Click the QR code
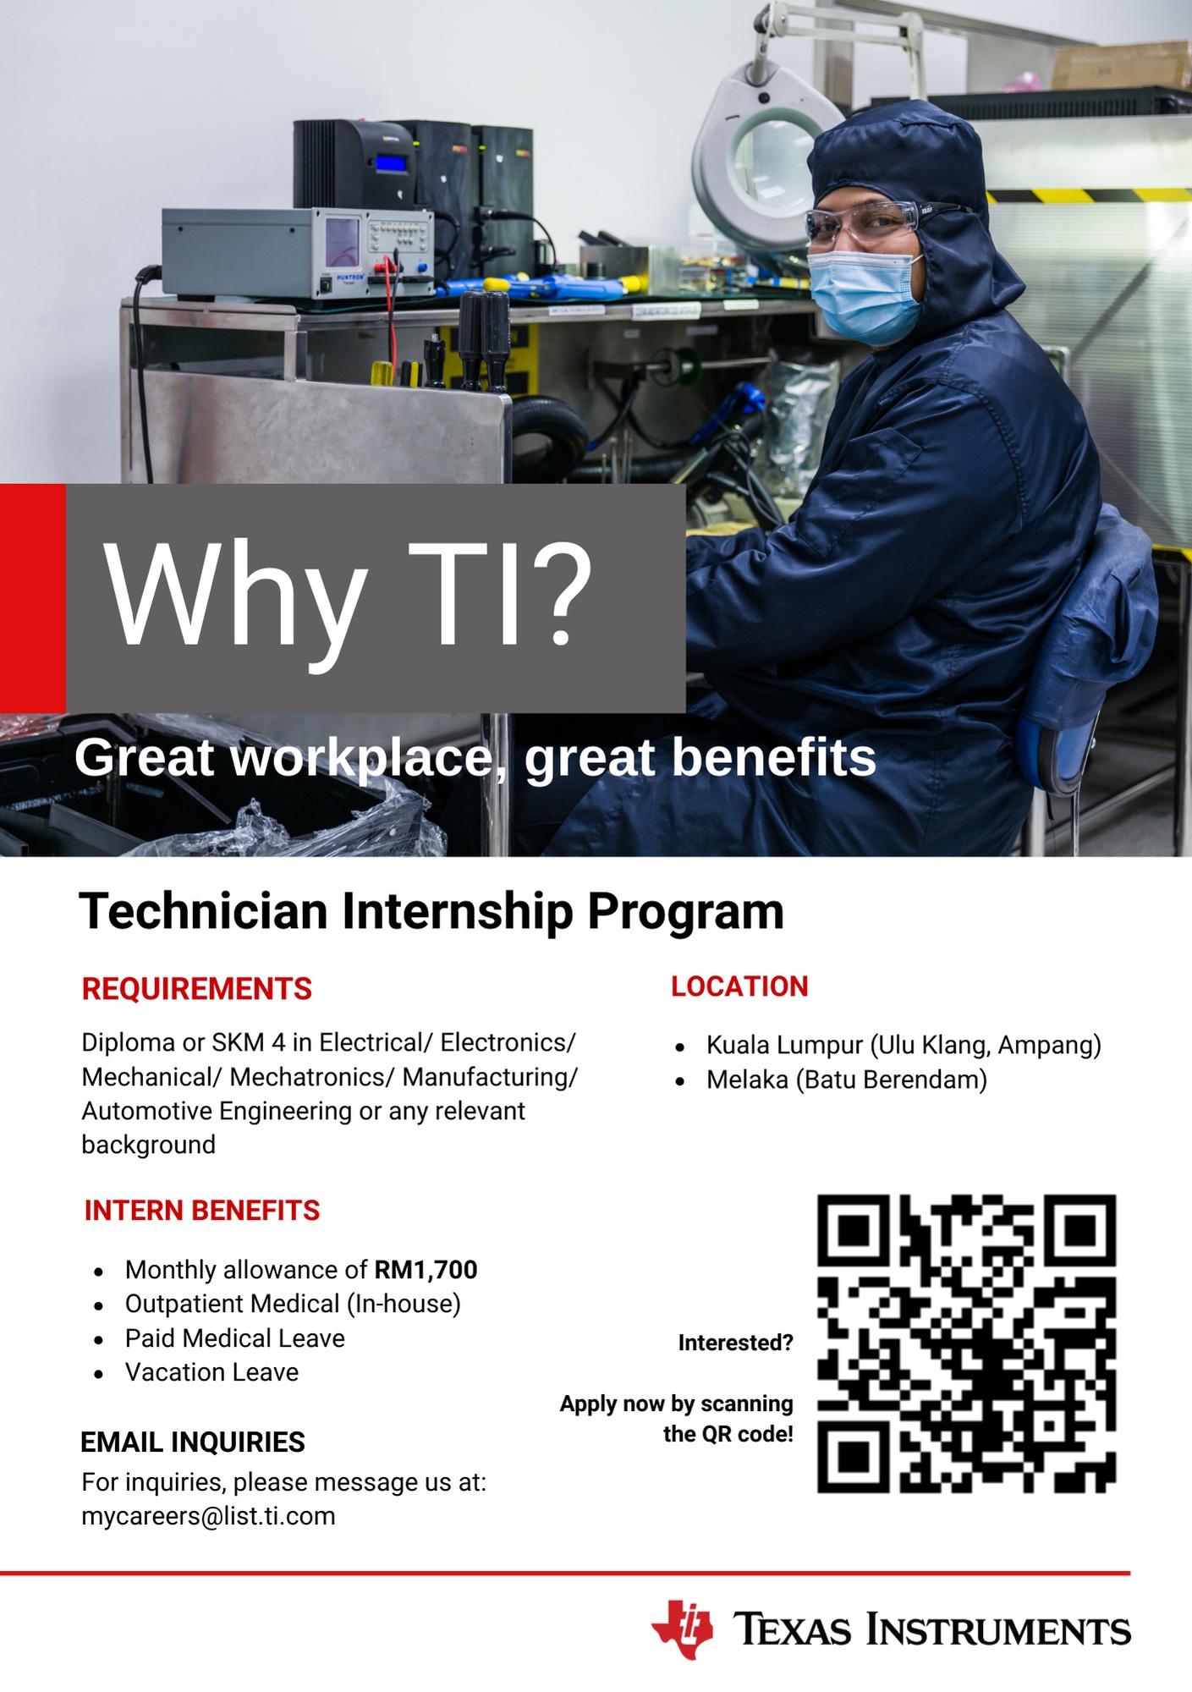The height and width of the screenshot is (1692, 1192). pos(966,1343)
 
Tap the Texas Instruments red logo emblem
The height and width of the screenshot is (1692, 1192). pos(682,1629)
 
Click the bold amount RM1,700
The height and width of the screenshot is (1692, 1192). pos(426,1270)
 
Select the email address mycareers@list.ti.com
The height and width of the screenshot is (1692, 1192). pos(208,1516)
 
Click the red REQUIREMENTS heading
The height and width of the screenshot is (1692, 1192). pos(197,989)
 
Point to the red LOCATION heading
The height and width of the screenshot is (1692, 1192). pos(739,986)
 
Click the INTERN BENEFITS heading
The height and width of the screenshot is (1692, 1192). pos(202,1211)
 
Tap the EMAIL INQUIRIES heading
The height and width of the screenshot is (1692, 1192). pos(193,1442)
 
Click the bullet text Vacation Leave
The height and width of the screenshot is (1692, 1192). pos(211,1372)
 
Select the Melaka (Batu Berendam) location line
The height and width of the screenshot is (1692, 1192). pos(847,1080)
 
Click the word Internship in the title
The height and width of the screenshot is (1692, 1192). pos(457,911)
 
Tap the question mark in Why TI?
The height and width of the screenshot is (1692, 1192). pos(558,592)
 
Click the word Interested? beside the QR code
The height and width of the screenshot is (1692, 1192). pos(735,1343)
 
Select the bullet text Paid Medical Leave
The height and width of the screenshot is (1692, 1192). pos(234,1338)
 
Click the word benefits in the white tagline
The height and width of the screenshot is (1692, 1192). pos(773,757)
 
